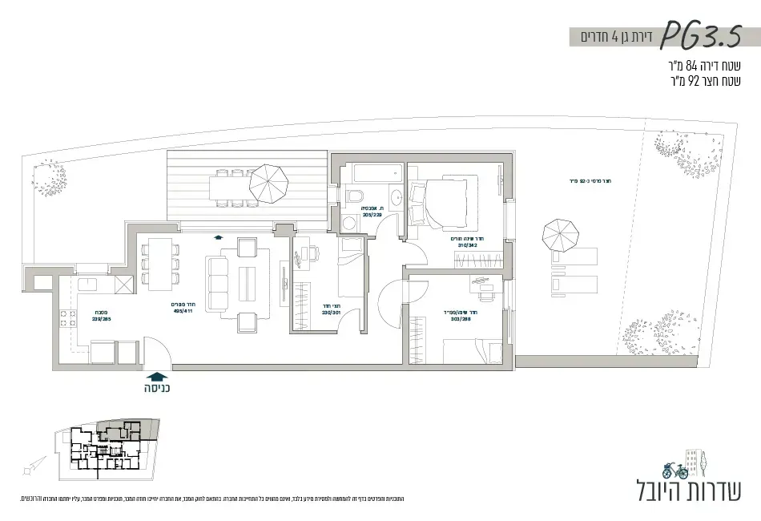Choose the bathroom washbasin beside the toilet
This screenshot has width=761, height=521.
point(396,196)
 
